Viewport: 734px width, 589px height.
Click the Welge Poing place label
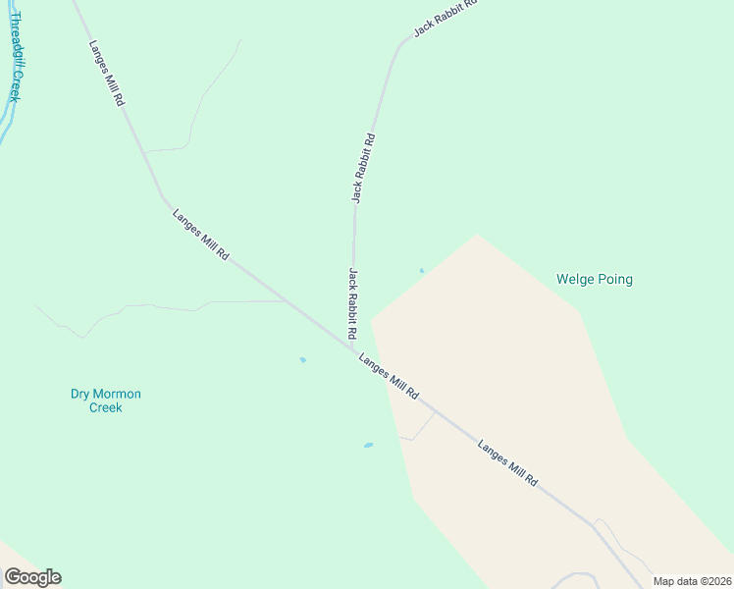(x=594, y=280)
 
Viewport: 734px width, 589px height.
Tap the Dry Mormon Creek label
(x=106, y=401)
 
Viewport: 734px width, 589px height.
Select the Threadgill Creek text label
(x=14, y=57)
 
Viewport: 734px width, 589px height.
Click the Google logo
(x=32, y=577)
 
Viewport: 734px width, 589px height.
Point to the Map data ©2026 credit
(x=692, y=581)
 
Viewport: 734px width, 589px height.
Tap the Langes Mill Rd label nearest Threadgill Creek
(x=106, y=74)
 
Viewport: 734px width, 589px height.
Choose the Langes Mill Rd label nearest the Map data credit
(x=508, y=463)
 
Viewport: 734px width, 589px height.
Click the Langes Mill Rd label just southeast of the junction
(x=389, y=376)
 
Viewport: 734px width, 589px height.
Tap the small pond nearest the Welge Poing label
(x=422, y=271)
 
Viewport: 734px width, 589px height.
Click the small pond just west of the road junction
(x=302, y=359)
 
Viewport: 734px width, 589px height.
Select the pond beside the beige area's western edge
(x=368, y=445)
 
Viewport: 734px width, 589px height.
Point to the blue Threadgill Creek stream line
(x=6, y=123)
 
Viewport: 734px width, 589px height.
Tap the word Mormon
(x=117, y=395)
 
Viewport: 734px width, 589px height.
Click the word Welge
(x=574, y=280)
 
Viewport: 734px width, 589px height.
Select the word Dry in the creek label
(x=79, y=395)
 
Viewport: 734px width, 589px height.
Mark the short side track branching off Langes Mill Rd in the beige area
(x=423, y=428)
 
